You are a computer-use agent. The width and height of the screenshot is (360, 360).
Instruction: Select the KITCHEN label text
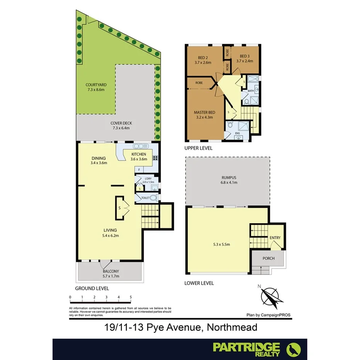(x=139, y=155)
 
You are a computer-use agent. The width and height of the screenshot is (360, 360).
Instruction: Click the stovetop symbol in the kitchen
(x=155, y=158)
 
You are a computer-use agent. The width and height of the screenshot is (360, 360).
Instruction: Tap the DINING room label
(x=98, y=158)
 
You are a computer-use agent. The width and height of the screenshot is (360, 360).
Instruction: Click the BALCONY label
(x=111, y=271)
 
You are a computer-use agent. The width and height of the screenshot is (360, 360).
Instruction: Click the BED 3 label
(x=244, y=56)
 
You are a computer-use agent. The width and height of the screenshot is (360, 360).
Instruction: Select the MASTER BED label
(x=204, y=112)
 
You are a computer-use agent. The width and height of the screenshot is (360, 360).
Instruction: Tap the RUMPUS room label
(x=227, y=178)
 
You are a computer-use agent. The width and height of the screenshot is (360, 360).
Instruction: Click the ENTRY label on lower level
(x=275, y=238)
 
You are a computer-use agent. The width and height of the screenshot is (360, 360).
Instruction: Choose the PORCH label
(x=268, y=258)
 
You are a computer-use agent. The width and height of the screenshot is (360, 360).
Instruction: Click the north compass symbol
(x=272, y=296)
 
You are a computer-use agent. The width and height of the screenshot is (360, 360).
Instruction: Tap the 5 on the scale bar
(x=131, y=297)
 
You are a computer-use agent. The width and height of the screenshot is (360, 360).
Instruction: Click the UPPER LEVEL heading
(x=198, y=148)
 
